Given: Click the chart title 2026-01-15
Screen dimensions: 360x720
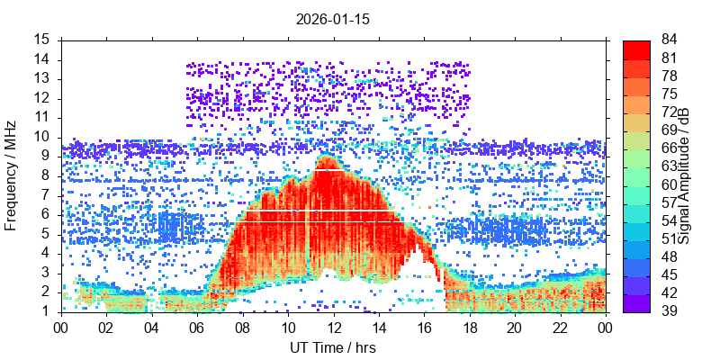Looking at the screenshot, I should (x=333, y=18).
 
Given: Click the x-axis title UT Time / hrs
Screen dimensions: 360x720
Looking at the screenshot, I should (x=333, y=347).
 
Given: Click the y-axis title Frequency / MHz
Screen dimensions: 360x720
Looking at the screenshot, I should (x=12, y=175).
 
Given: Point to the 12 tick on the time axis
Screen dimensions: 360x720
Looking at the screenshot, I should (x=333, y=326).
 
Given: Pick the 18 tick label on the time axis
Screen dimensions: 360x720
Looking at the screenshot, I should (x=469, y=326).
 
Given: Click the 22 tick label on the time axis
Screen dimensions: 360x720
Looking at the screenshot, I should (x=559, y=326).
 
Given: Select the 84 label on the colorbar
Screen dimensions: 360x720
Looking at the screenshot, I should (x=670, y=40).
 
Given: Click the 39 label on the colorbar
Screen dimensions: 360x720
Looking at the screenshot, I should (x=670, y=311).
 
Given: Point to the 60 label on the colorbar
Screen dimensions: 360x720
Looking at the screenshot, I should (x=670, y=184).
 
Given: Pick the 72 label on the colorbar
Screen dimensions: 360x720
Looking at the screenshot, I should (x=670, y=112).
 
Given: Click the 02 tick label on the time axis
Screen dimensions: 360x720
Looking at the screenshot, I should (x=106, y=326).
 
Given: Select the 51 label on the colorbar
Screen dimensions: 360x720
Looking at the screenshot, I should (x=670, y=238).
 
